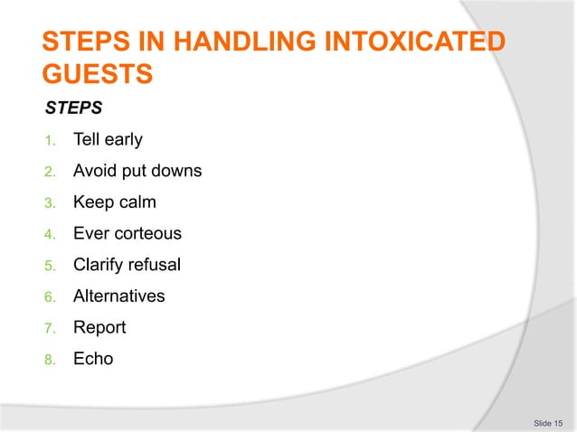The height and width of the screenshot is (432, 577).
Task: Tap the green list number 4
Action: [x=51, y=235]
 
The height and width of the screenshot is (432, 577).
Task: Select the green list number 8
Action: [x=51, y=360]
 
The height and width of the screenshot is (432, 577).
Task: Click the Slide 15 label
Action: [x=547, y=422]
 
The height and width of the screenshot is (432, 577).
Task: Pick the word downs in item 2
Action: [x=177, y=172]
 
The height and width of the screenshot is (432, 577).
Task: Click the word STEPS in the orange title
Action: [x=81, y=42]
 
